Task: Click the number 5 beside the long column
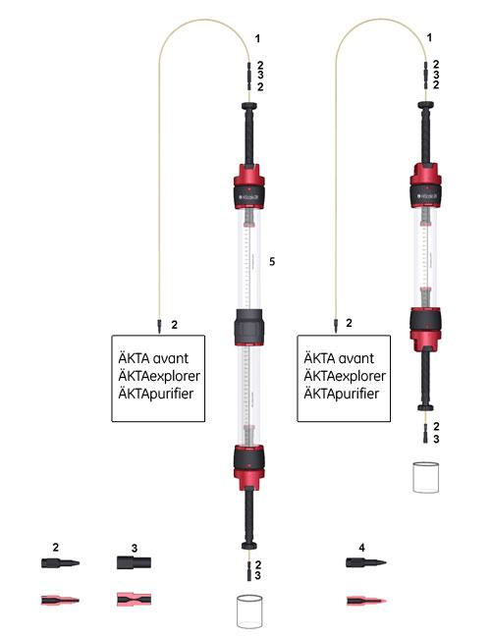[271, 261]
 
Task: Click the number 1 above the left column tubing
[257, 37]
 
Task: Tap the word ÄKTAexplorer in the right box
[343, 376]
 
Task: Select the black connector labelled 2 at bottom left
[59, 563]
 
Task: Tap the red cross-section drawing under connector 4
[364, 598]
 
